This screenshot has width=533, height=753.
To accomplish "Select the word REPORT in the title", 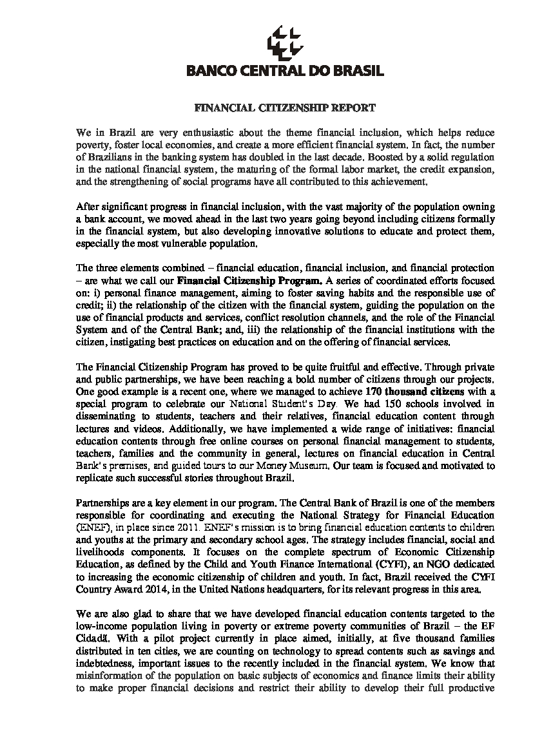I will pos(353,108).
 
